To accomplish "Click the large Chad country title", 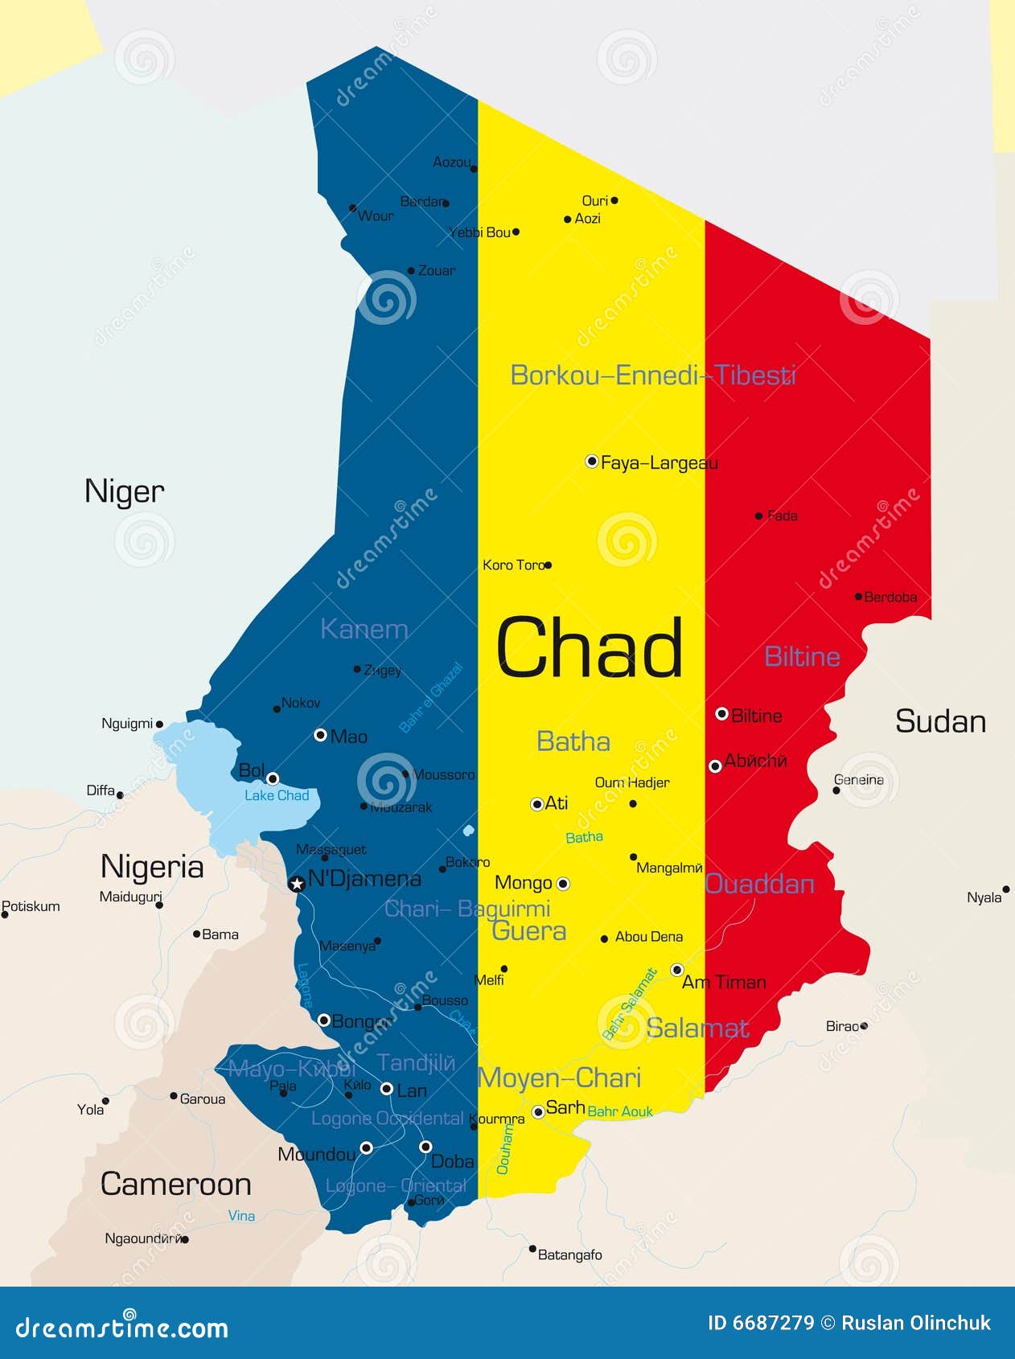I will coord(589,648).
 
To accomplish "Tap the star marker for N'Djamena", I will coord(297,885).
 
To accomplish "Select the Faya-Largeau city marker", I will coord(592,462).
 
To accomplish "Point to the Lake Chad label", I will coord(277,795).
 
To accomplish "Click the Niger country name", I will coord(124,491).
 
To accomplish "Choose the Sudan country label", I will coord(940,721).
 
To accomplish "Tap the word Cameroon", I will coord(175,1184).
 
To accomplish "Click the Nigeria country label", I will coord(152,867).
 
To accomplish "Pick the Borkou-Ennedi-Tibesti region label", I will coord(653,375).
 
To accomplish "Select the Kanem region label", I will coord(364,629).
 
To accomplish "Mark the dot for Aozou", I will coord(474,169).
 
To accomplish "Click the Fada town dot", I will coord(758,515).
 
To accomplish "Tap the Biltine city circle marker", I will coord(721,714).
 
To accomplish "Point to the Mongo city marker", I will coord(563,884).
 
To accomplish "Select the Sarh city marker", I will coord(538,1112).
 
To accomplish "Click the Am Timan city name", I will coord(724,982).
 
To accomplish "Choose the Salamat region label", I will coord(697,1028).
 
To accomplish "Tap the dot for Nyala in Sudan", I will coord(1005,889).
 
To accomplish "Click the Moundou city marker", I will coord(366,1148).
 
